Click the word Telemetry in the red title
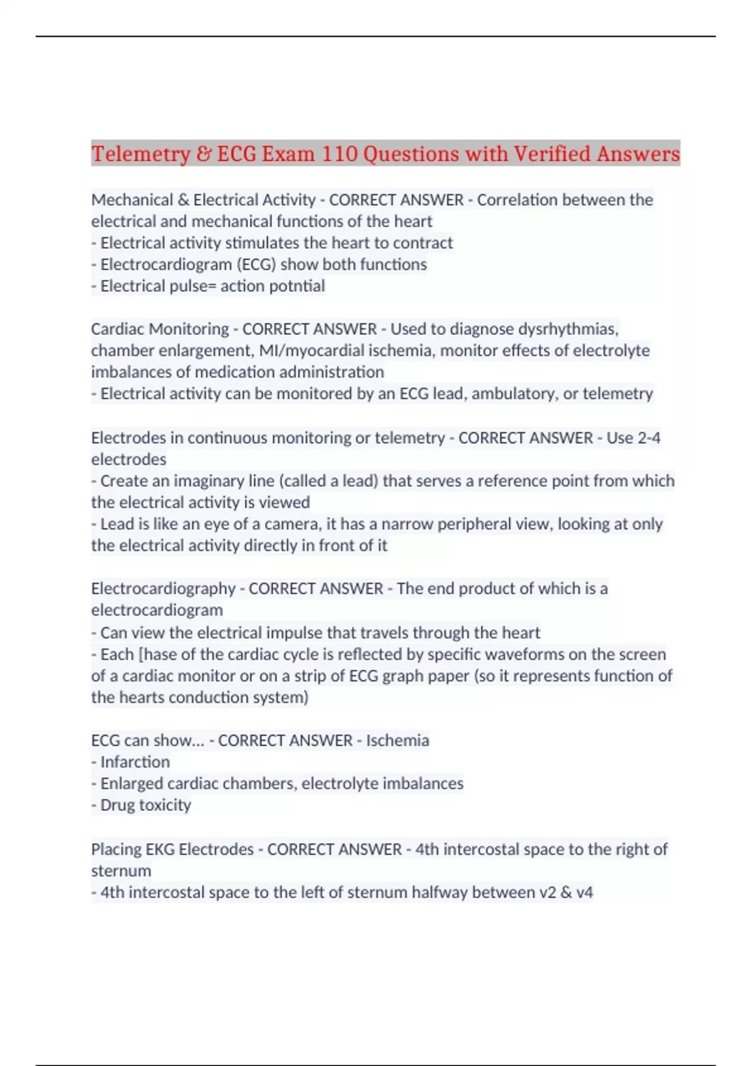[140, 154]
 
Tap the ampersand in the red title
[204, 154]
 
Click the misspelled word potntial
[297, 286]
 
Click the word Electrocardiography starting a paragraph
[163, 589]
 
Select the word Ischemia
[397, 741]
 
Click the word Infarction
[135, 762]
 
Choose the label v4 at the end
[584, 892]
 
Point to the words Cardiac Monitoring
[160, 329]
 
